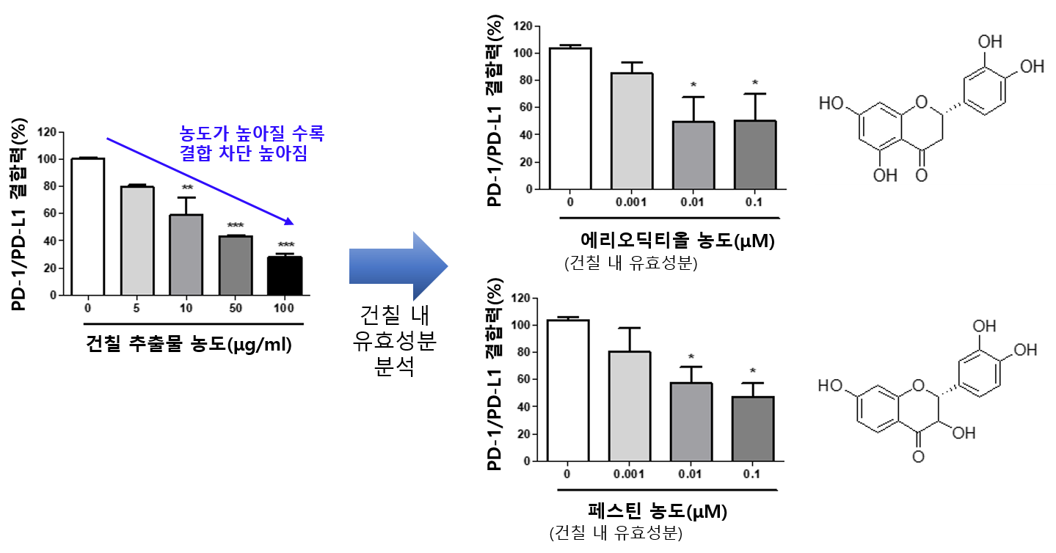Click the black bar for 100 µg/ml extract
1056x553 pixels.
[x=284, y=276]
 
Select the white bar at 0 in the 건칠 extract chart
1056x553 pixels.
[x=87, y=227]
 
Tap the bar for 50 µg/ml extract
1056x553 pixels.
[x=235, y=265]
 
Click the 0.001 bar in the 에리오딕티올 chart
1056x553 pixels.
[x=632, y=131]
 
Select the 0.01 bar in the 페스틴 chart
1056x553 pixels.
[x=691, y=422]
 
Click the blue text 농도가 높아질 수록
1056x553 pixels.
[x=251, y=133]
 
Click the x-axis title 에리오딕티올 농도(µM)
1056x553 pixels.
[x=677, y=240]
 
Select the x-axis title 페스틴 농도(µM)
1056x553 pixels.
[x=657, y=511]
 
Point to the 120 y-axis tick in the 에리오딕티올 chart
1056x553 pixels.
[x=522, y=26]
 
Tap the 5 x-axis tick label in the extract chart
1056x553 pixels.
[x=136, y=308]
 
